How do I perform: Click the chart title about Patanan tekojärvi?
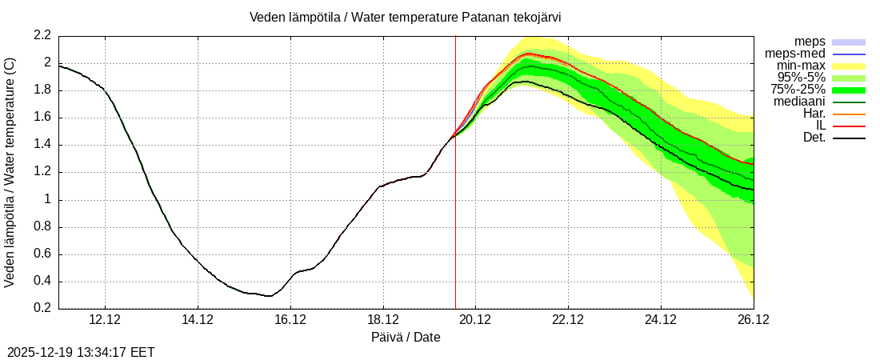[411, 17]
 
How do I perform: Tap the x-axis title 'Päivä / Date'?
[406, 337]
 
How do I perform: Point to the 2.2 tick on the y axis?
[42, 35]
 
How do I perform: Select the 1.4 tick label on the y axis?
[42, 145]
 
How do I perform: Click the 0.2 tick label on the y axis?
[42, 309]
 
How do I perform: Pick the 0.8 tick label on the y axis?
[42, 226]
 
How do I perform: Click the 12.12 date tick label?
[105, 319]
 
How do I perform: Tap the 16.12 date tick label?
[290, 319]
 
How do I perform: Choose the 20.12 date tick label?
[475, 319]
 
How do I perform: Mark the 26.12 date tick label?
[753, 319]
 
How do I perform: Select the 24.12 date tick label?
[661, 319]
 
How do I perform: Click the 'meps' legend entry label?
[810, 42]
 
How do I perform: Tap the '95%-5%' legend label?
[802, 78]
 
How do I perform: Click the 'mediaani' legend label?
[799, 102]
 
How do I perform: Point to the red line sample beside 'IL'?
[849, 126]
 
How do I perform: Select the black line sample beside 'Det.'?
[849, 138]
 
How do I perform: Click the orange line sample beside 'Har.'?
[849, 114]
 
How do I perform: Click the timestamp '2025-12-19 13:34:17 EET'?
[81, 352]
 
